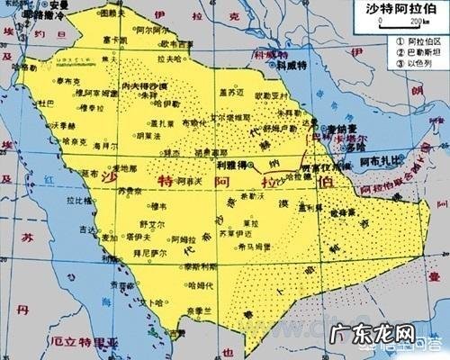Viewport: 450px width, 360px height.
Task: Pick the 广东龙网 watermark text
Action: pos(400,342)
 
